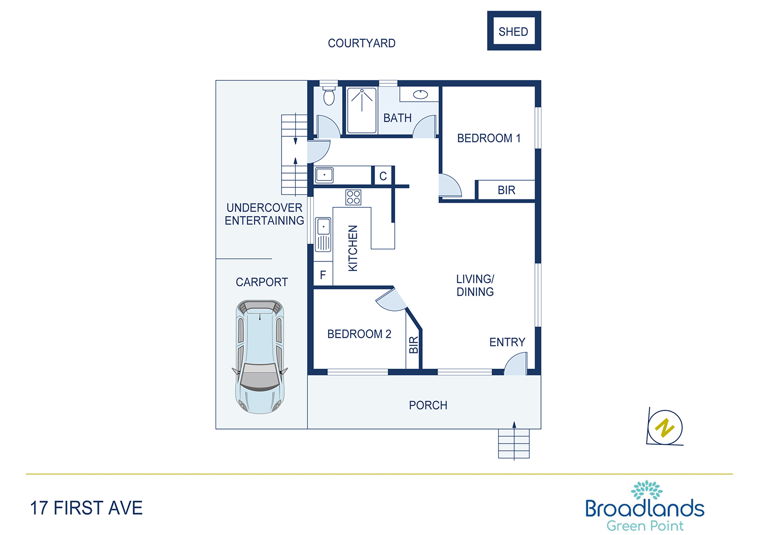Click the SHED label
click(x=513, y=32)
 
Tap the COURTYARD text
click(x=362, y=43)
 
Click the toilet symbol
click(x=329, y=96)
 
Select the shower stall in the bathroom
click(x=362, y=111)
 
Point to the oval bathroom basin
click(x=420, y=94)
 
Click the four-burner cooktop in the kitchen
click(x=353, y=197)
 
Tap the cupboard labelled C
click(x=383, y=176)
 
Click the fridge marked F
click(x=323, y=275)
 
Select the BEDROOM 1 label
click(x=489, y=138)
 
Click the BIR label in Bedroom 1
click(x=506, y=190)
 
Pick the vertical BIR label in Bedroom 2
click(x=414, y=345)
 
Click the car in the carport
click(x=260, y=356)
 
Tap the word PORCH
click(x=428, y=405)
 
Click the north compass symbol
click(x=665, y=427)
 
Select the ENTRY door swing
click(x=516, y=364)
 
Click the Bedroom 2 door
click(x=392, y=299)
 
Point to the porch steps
click(x=514, y=444)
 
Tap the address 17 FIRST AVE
click(x=86, y=508)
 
